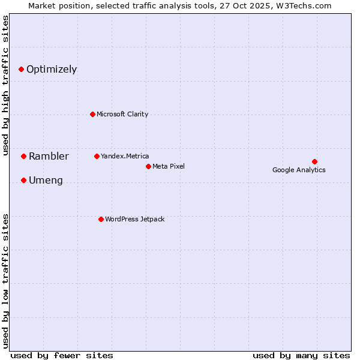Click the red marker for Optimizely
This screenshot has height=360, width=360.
coord(21,70)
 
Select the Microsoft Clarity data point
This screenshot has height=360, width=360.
coord(92,114)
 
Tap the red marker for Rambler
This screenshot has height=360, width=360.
coord(23,157)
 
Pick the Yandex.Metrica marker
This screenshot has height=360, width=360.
coord(97,157)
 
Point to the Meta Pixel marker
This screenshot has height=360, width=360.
coord(148,166)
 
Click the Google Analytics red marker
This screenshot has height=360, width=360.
coord(314,161)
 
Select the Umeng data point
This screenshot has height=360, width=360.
coord(23,181)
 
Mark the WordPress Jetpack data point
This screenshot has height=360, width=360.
coord(101,219)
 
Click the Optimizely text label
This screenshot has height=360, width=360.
coord(52,70)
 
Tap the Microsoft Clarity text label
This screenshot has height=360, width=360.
coord(122,115)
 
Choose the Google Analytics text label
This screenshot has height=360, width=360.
coord(299,170)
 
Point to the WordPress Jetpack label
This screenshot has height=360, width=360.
coord(134,220)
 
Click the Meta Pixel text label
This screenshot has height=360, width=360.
coord(169,167)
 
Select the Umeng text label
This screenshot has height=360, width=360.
coord(46,181)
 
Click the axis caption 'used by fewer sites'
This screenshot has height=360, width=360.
coord(62,355)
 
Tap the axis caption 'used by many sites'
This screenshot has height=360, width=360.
coord(301,355)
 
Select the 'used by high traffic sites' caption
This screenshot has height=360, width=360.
coord(5,86)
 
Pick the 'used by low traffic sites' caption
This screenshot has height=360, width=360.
coord(5,281)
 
